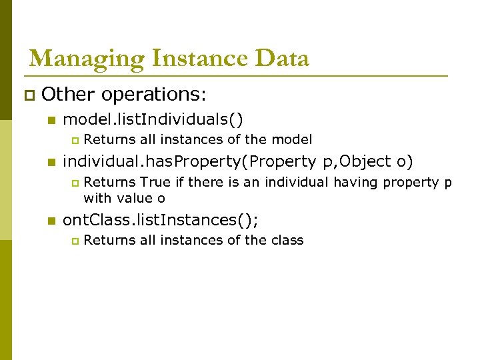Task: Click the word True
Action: [x=155, y=182]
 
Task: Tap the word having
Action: [x=355, y=182]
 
